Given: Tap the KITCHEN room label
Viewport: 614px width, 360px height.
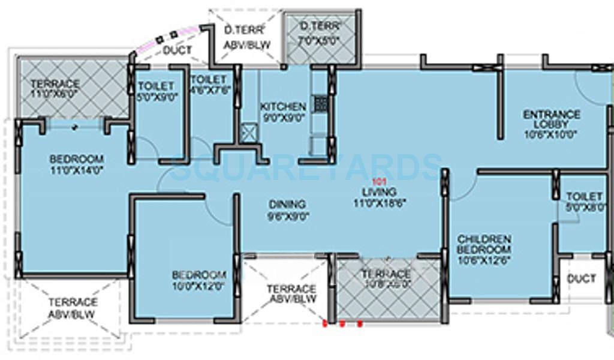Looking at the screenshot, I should (x=282, y=107).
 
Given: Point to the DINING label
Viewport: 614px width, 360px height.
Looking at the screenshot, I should (x=288, y=204).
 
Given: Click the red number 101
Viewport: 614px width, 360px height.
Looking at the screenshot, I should (x=377, y=181).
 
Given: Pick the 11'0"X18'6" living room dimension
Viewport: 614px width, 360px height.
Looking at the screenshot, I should (x=375, y=203).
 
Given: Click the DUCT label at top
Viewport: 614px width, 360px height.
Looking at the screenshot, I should (x=177, y=50).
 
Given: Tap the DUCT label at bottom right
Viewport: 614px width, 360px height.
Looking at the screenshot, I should (x=581, y=278).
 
